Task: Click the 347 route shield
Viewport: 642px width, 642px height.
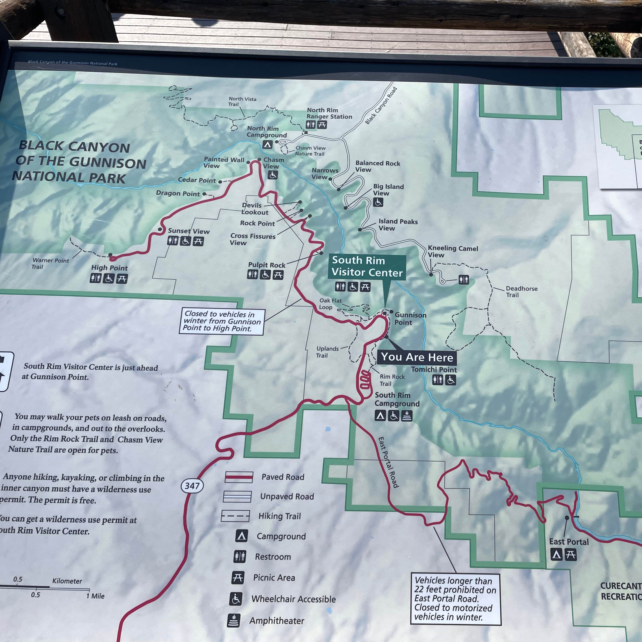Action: point(192,486)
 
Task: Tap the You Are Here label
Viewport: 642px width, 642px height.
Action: point(417,357)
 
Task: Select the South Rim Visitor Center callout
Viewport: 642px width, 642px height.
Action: point(367,266)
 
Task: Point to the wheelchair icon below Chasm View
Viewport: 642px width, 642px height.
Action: point(273,175)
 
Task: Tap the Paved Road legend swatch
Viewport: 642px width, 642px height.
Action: point(239,477)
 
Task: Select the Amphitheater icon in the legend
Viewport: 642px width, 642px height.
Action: point(234,620)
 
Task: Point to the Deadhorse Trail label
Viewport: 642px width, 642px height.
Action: point(521,292)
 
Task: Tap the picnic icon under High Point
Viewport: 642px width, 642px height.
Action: point(122,279)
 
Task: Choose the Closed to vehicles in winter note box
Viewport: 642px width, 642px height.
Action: point(222,321)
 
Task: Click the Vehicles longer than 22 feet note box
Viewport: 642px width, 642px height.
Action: point(455,599)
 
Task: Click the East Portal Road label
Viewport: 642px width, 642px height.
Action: point(388,462)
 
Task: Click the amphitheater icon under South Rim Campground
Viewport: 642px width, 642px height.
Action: point(407,416)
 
